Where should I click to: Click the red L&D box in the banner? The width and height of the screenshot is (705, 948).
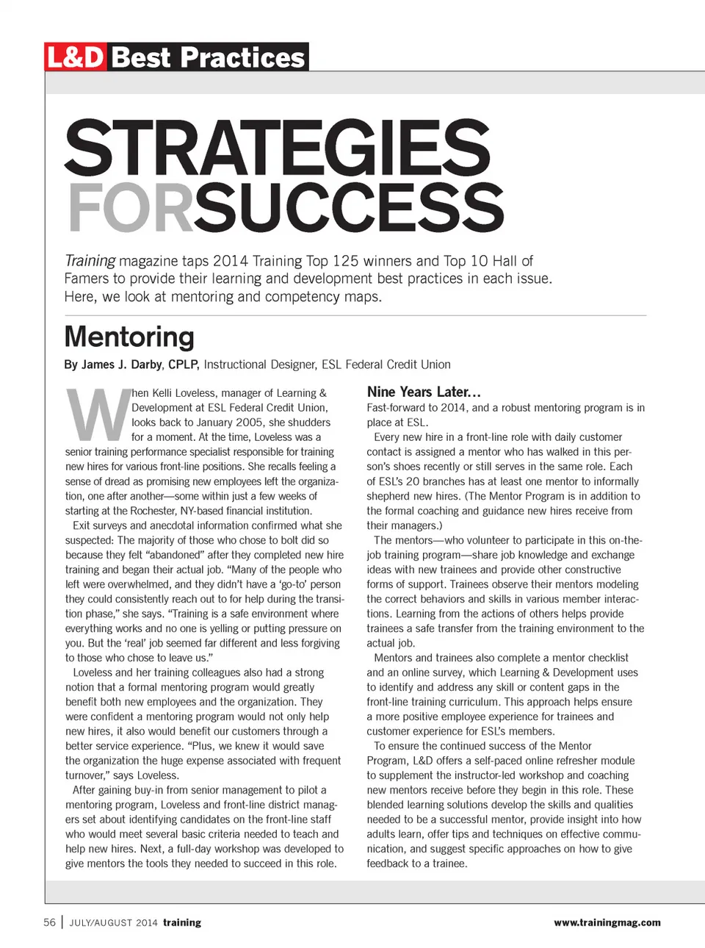tap(76, 57)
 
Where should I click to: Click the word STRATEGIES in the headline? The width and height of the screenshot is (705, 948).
tap(278, 148)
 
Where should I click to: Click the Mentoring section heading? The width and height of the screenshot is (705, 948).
tap(129, 337)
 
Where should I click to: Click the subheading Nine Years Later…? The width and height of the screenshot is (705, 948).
tap(424, 392)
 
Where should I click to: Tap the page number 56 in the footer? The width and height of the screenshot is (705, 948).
tap(49, 922)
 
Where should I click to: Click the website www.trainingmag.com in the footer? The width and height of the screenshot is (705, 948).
tap(607, 922)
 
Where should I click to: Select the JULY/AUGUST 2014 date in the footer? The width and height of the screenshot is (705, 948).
tap(113, 923)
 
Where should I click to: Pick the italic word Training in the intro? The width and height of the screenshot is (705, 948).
tap(90, 261)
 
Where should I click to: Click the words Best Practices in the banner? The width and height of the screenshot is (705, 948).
tap(209, 57)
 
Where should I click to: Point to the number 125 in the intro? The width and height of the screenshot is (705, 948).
tap(345, 261)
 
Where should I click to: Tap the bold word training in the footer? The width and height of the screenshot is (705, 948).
tap(182, 922)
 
